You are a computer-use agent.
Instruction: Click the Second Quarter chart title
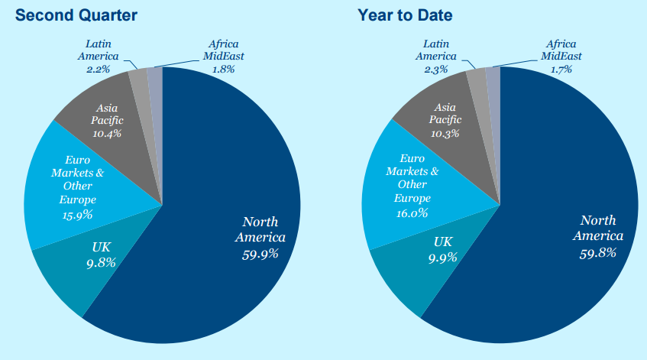pos(70,15)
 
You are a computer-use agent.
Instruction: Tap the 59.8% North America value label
pos(598,252)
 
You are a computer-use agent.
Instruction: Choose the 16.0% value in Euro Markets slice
pos(412,213)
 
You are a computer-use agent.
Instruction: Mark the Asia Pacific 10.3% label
pos(445,132)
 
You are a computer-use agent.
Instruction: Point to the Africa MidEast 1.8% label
pos(223,69)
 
